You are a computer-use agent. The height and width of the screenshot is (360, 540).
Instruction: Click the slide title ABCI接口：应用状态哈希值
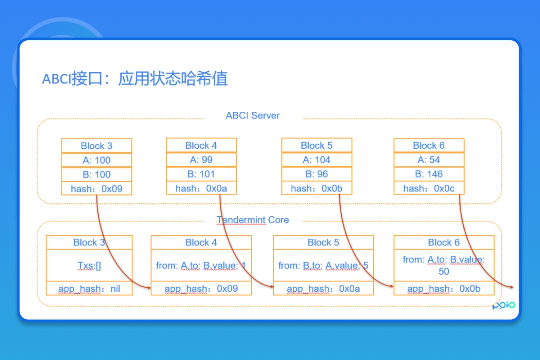(135, 79)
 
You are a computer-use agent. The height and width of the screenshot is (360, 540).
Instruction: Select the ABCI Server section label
(252, 115)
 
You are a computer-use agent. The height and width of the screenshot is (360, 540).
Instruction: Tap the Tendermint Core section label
(252, 220)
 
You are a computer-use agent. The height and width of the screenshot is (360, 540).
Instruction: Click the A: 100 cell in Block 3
(96, 160)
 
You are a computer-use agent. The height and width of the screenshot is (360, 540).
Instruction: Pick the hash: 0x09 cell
(96, 189)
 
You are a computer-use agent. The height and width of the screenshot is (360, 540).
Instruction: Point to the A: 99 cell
(201, 160)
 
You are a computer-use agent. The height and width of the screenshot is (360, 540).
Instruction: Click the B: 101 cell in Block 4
(201, 174)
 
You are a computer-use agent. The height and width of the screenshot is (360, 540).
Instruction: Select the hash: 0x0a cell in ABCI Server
(201, 188)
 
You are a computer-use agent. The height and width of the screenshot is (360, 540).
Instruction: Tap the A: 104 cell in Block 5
(316, 160)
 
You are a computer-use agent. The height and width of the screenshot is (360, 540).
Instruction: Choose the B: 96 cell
(316, 174)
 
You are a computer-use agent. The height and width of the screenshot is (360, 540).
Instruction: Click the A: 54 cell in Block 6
(428, 160)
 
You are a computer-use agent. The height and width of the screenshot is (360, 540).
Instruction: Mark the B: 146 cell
(428, 174)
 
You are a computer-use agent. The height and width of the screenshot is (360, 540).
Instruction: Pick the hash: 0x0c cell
(428, 188)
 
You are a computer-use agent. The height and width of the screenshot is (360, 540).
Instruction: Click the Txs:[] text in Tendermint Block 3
(89, 265)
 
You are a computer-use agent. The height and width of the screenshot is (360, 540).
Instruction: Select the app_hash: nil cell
(89, 289)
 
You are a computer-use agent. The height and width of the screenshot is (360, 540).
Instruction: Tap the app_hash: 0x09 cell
(201, 289)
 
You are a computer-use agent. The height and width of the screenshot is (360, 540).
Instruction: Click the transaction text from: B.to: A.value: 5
(323, 265)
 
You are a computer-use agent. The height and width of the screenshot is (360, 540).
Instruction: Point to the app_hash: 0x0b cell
(443, 289)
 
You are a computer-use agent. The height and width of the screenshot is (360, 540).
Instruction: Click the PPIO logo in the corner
(503, 306)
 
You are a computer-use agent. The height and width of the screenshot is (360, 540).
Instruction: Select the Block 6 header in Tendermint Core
(443, 242)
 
